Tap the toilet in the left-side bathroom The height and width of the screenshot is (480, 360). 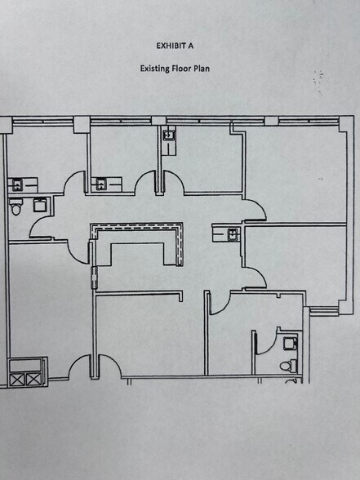[x=17, y=210]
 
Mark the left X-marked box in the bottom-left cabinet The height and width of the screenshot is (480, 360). [x=17, y=379]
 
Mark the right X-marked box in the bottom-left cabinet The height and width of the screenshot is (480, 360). [x=33, y=379]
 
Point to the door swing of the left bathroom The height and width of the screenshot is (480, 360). [x=42, y=224]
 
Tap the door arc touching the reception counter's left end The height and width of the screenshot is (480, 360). [x=82, y=245]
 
